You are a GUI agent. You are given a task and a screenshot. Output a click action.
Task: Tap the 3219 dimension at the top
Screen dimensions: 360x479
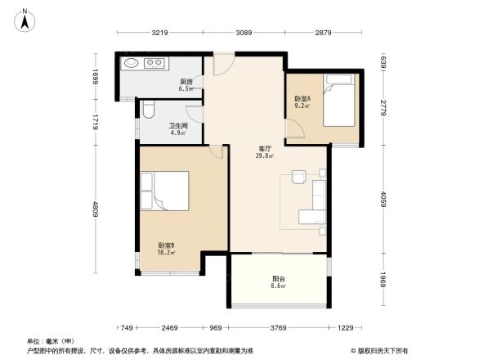pyautogui.click(x=159, y=32)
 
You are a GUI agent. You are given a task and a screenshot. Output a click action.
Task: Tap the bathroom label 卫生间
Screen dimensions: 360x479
pyautogui.click(x=179, y=128)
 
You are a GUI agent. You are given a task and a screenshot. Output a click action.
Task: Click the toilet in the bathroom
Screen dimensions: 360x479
pyautogui.click(x=148, y=110)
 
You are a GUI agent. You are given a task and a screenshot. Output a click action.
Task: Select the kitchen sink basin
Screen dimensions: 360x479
pyautogui.click(x=132, y=62)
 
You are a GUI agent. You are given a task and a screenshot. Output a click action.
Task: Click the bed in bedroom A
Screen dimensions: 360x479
pyautogui.click(x=339, y=102)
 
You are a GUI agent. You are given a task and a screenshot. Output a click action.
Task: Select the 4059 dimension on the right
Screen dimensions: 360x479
pyautogui.click(x=383, y=198)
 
